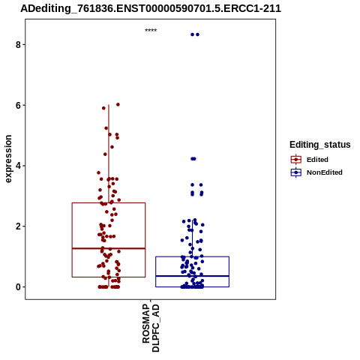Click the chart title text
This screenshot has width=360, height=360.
click(151, 8)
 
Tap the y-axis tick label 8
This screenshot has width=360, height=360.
click(18, 45)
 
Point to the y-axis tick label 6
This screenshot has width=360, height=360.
click(18, 105)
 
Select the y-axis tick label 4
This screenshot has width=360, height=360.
click(18, 166)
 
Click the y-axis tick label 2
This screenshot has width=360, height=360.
click(18, 226)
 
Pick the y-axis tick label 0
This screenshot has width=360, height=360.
click(18, 287)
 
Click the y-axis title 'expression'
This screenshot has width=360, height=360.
click(8, 159)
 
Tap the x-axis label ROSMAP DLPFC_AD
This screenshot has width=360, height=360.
click(151, 328)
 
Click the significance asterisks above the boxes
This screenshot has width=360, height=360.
click(151, 31)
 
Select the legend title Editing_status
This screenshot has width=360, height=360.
click(320, 145)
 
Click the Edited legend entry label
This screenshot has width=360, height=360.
click(317, 160)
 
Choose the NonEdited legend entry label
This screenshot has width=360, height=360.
click(325, 172)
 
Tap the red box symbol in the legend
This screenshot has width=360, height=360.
click(296, 160)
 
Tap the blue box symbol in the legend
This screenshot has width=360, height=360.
click(296, 172)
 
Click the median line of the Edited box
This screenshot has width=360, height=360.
click(109, 248)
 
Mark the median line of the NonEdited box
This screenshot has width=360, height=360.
click(192, 276)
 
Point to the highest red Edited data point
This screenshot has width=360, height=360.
click(118, 104)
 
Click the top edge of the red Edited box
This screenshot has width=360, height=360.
click(109, 202)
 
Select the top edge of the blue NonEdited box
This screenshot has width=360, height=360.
click(192, 256)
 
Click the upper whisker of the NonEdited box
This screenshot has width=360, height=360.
click(192, 238)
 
